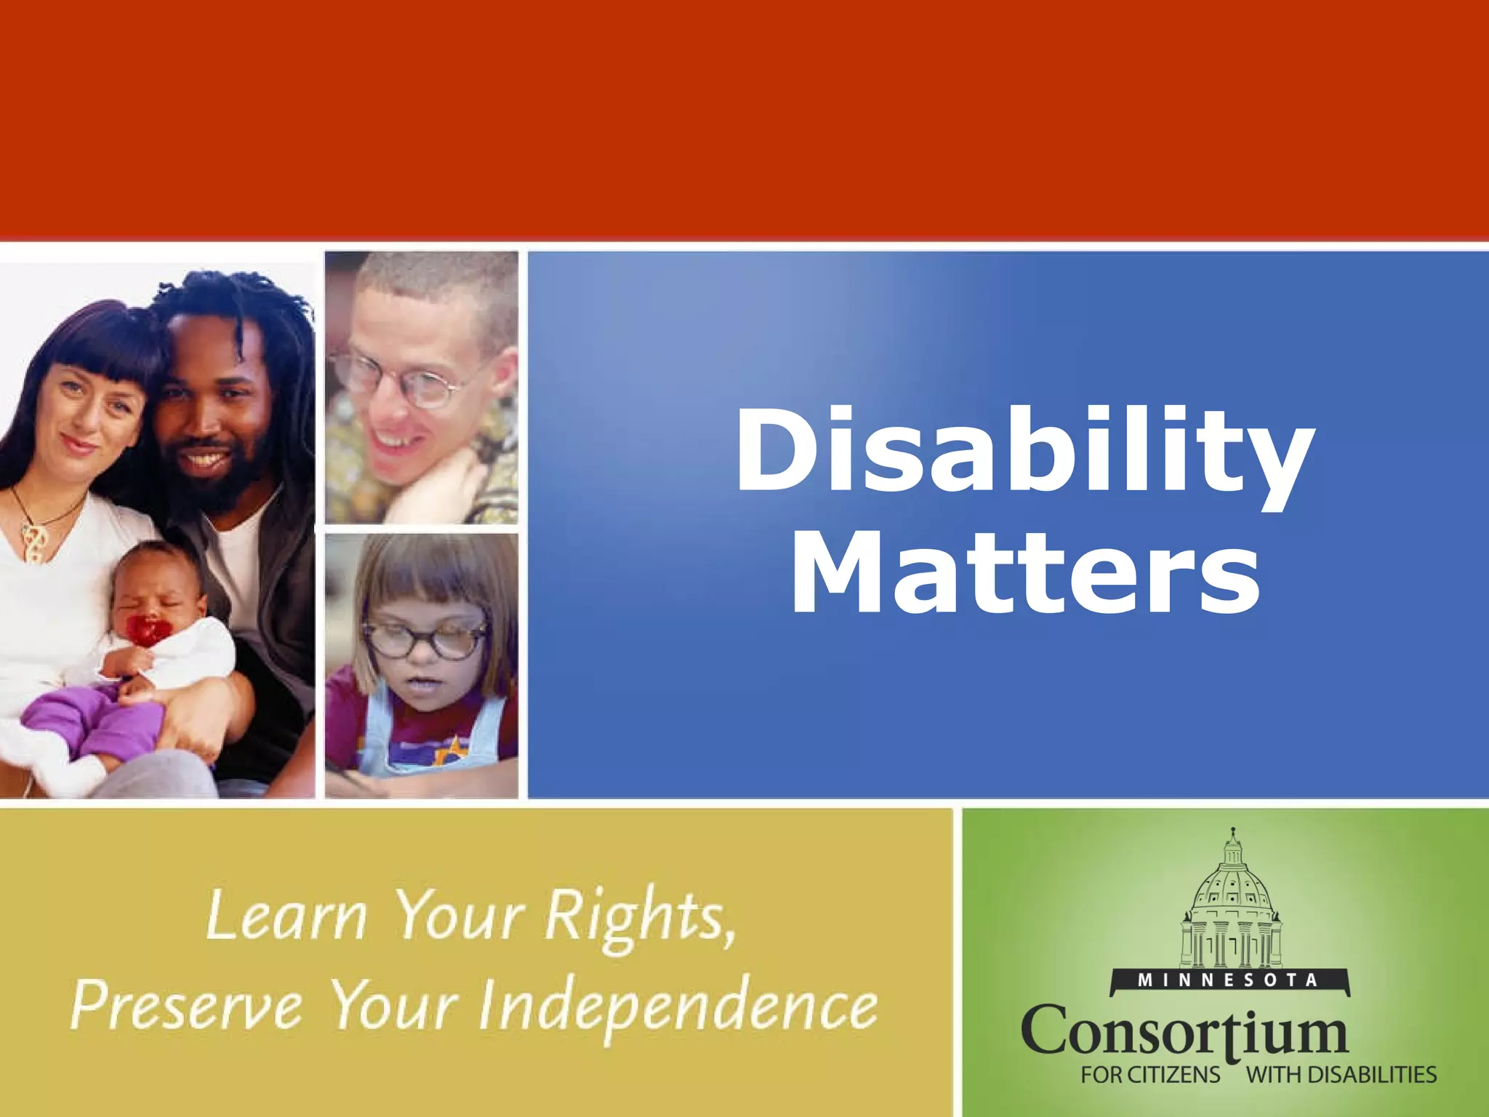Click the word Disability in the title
1025,452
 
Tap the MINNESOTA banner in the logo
1229,981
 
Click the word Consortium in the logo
1185,1031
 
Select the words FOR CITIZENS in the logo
1150,1075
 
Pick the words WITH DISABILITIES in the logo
1341,1075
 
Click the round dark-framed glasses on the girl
425,636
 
